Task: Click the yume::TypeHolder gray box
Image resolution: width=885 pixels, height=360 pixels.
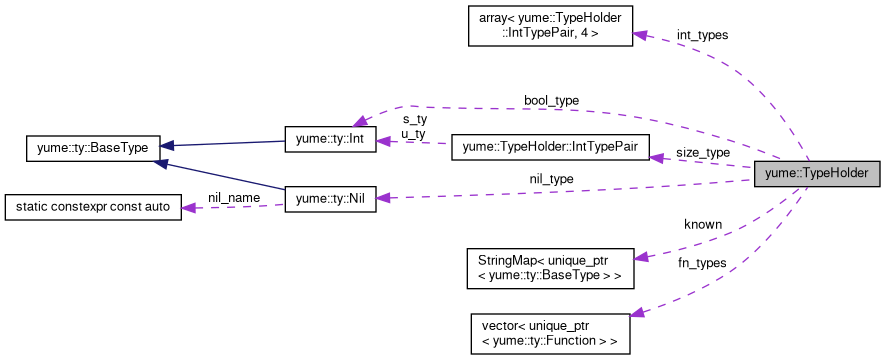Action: (816, 173)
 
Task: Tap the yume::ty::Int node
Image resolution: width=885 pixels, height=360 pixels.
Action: (330, 140)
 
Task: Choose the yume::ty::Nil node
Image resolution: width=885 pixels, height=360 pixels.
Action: (330, 199)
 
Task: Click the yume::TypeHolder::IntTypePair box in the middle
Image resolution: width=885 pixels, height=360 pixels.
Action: (551, 148)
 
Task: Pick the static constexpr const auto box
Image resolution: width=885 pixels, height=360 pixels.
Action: (92, 207)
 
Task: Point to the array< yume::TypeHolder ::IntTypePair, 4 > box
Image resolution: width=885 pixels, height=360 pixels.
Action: (550, 25)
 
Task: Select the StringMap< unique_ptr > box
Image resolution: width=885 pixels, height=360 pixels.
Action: (550, 265)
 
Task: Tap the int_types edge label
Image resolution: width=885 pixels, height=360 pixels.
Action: (702, 35)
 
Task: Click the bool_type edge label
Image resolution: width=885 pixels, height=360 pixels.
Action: (551, 101)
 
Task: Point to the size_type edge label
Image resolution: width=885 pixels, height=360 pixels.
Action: (702, 153)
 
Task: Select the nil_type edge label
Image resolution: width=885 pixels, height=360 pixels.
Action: (551, 179)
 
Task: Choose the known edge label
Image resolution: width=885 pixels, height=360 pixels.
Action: (702, 225)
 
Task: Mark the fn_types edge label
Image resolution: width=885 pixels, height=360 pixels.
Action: (702, 262)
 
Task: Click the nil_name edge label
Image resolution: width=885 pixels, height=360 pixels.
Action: (234, 197)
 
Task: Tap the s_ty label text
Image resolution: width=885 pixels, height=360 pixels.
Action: (414, 120)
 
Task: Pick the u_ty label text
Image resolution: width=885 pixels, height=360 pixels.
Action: (414, 133)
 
